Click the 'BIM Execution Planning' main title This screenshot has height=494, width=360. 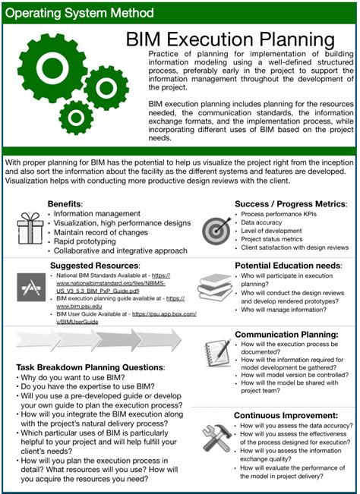point(237,39)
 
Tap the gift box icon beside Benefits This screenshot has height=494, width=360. point(30,226)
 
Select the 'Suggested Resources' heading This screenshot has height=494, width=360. point(91,266)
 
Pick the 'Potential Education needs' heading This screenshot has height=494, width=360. point(288,266)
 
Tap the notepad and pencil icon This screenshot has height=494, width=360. point(218,353)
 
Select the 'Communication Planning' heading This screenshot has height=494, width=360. point(286,334)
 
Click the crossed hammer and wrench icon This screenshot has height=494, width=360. point(218,439)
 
